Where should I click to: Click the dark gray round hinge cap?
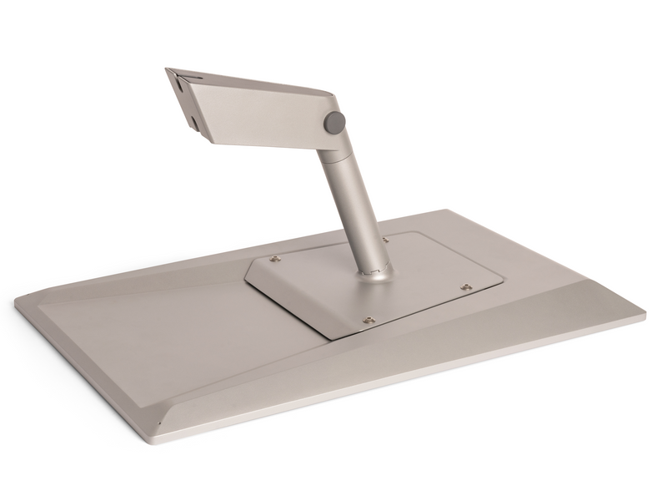[334, 121]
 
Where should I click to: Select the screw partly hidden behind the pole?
[384, 240]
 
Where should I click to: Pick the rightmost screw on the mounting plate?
[465, 288]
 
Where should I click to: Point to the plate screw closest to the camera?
[367, 317]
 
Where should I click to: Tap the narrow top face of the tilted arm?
[250, 80]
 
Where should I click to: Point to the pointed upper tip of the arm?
[168, 69]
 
